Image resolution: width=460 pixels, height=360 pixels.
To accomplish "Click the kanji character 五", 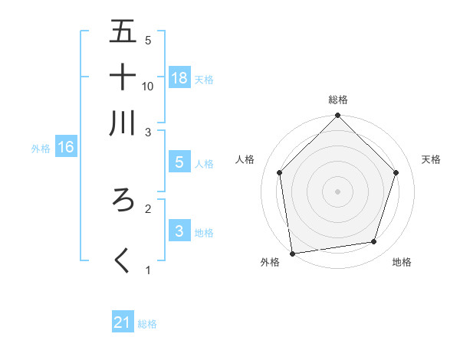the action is click(x=123, y=31).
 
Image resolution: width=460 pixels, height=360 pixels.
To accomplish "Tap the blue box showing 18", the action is click(x=179, y=77).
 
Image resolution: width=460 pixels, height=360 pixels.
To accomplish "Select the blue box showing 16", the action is click(x=65, y=148).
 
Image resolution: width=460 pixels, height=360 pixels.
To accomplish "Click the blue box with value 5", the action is click(x=179, y=162).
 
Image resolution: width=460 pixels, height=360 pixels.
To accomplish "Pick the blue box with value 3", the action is click(x=179, y=231).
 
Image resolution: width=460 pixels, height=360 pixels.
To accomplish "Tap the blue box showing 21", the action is click(x=122, y=322).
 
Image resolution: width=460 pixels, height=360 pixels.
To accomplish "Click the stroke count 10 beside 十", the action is click(x=148, y=86).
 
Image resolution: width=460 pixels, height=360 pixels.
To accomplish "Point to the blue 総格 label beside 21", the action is click(x=147, y=324).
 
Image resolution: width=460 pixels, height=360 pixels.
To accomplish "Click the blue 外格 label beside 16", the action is click(x=41, y=149).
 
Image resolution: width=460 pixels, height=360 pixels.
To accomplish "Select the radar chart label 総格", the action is click(x=338, y=100).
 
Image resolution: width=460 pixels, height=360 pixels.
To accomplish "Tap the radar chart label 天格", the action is click(x=431, y=159).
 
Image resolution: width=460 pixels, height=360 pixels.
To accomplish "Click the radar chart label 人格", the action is click(x=245, y=159).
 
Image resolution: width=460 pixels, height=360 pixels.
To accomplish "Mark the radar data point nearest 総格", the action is click(x=338, y=116).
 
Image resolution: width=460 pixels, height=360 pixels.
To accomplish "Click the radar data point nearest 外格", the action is click(x=292, y=254).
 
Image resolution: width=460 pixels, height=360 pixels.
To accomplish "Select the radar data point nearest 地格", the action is click(x=374, y=242).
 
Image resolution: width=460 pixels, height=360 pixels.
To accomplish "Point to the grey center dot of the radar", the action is click(x=338, y=191).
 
